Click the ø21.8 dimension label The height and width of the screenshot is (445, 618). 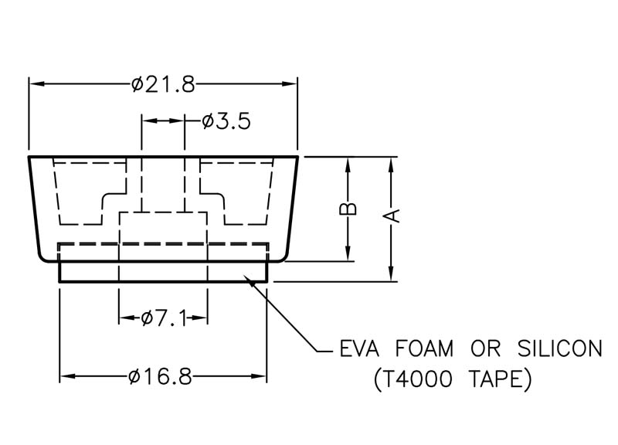click(163, 83)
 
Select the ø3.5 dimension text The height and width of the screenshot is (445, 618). click(226, 122)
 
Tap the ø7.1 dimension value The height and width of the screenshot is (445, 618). click(164, 318)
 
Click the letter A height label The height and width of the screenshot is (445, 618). click(392, 216)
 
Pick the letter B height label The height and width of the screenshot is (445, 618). click(348, 209)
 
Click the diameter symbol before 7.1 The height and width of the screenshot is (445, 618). click(147, 318)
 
